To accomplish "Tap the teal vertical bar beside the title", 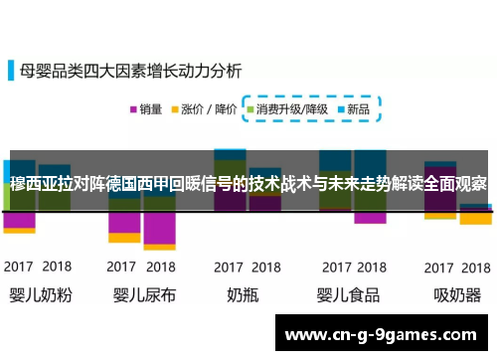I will (13, 71).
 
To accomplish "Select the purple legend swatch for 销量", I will (131, 109).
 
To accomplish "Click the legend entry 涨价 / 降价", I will (206, 109).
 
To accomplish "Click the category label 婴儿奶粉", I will (38, 295).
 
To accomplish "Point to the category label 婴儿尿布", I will (142, 295).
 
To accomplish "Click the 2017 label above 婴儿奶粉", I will (20, 268).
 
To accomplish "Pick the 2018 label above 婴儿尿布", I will (160, 268).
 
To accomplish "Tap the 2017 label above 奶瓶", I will (229, 268).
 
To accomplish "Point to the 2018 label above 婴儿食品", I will (370, 268).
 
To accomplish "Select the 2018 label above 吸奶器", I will (473, 268).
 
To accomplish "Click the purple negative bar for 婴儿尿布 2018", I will (159, 231).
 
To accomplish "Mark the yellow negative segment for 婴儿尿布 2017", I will (123, 238).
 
